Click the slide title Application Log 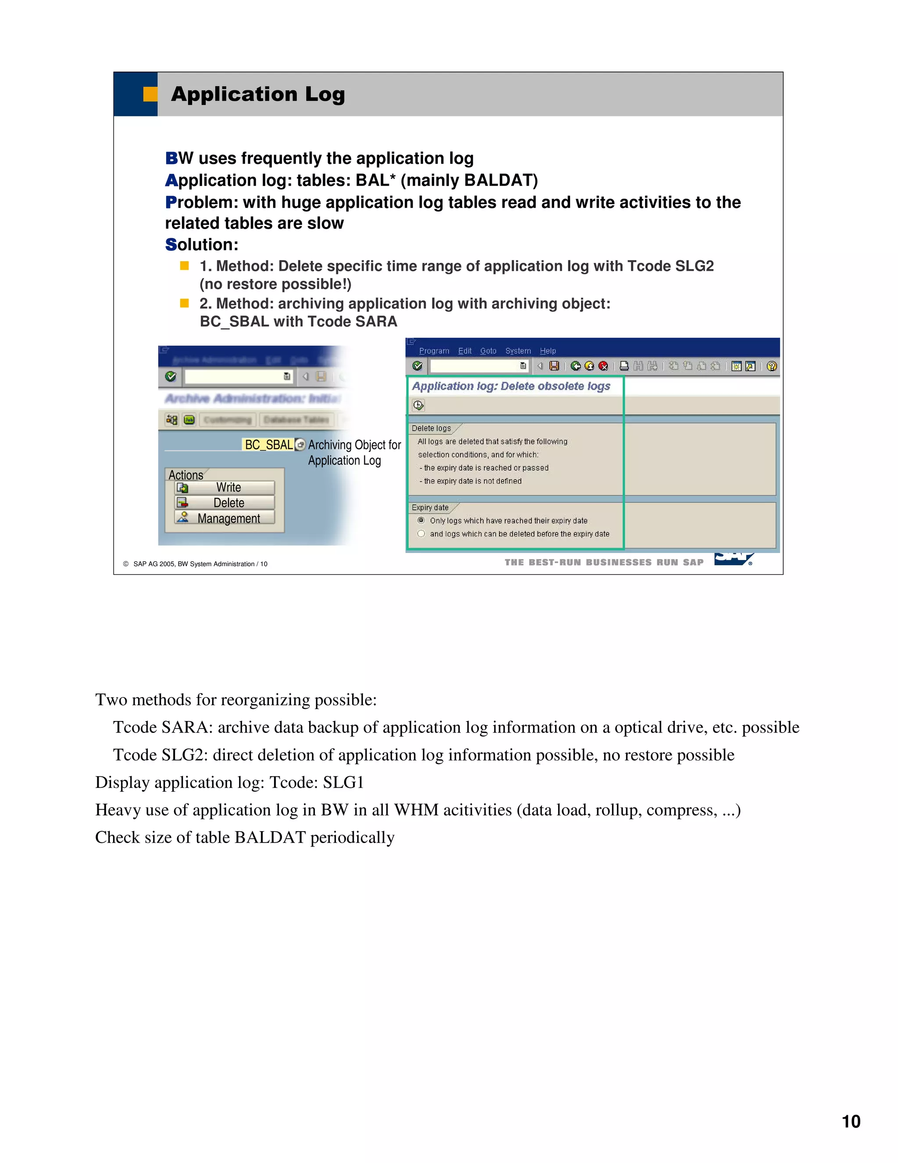click(x=257, y=94)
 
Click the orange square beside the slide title click(x=150, y=94)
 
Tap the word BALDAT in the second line click(x=499, y=180)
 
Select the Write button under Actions click(x=224, y=488)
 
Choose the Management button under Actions click(x=224, y=519)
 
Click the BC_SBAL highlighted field click(x=268, y=445)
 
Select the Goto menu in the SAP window click(x=488, y=351)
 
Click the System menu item click(x=518, y=351)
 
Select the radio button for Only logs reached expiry click(x=421, y=520)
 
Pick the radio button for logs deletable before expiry click(x=421, y=534)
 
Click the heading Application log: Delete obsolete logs click(x=511, y=386)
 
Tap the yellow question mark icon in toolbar click(x=771, y=366)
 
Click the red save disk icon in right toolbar click(x=554, y=366)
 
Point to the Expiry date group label click(x=430, y=507)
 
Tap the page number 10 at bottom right click(x=851, y=1121)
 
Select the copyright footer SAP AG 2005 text click(x=200, y=564)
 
